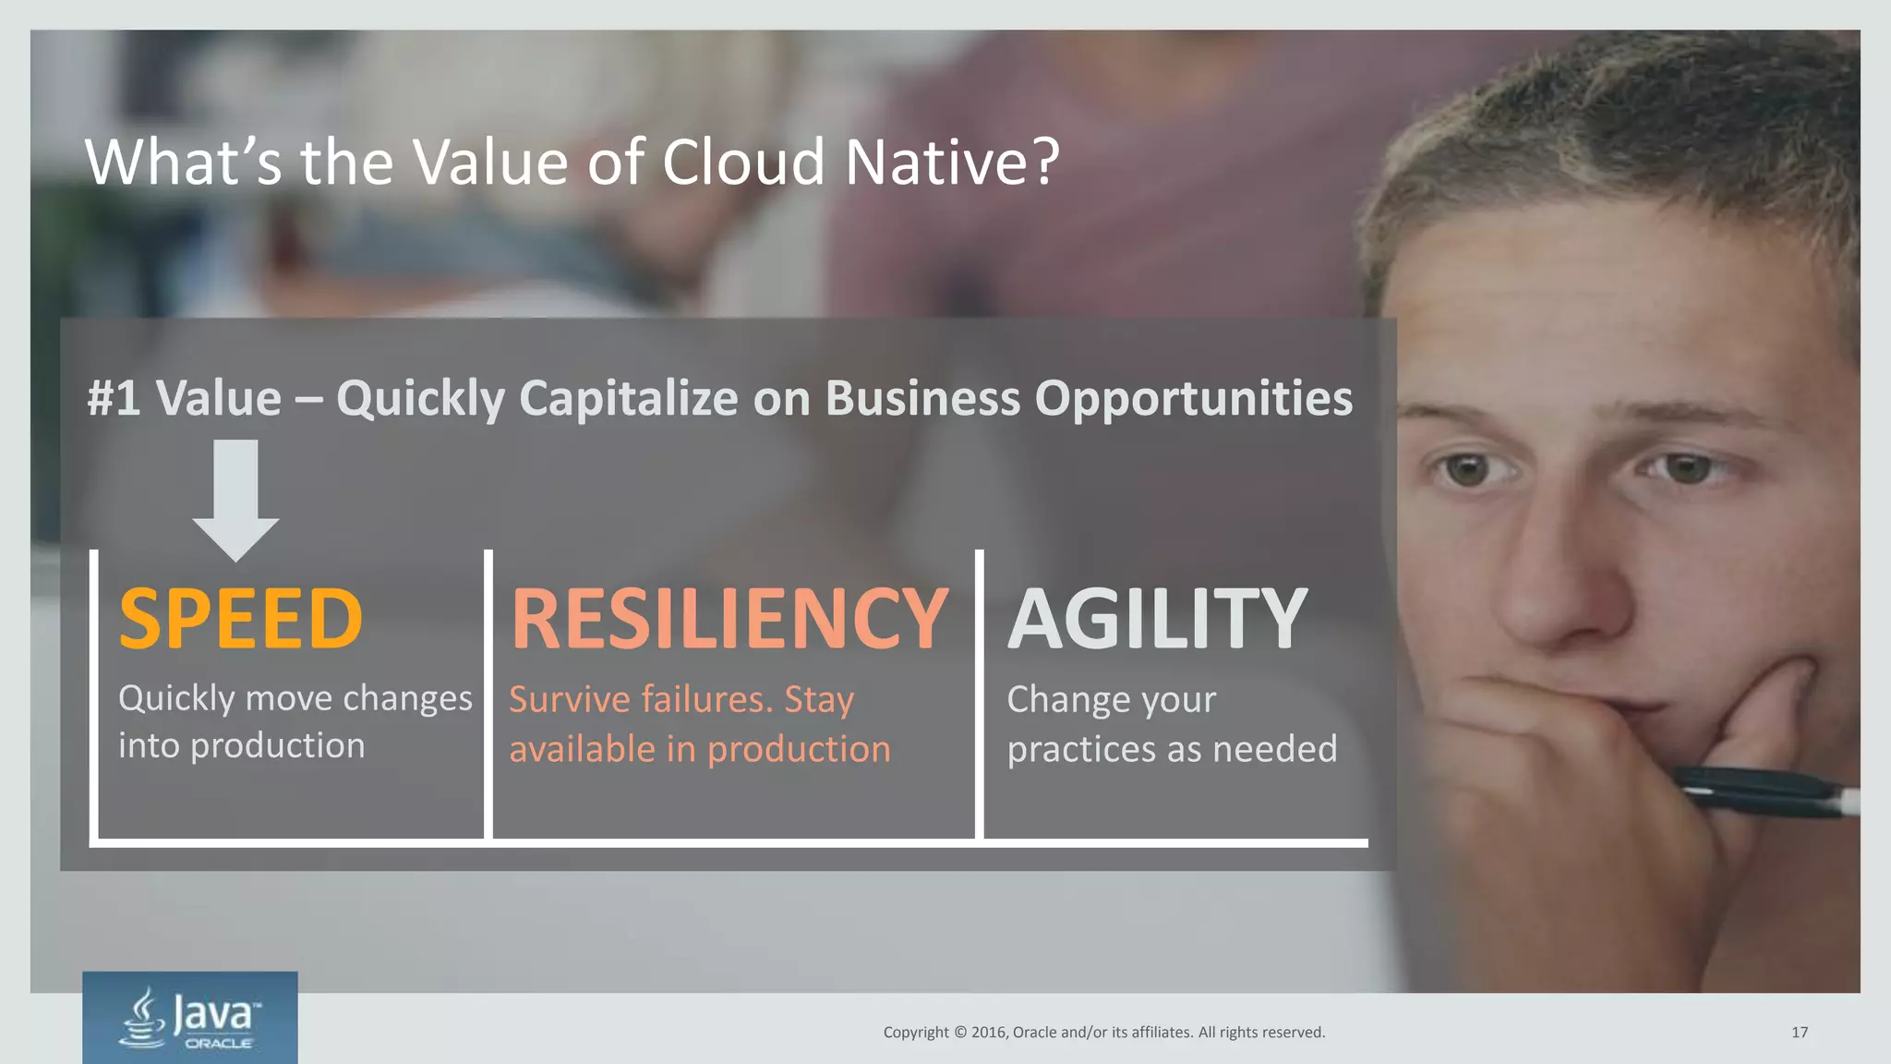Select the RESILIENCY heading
pos(729,619)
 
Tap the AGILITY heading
pos(1157,619)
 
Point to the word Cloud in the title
pos(742,163)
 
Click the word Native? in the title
pos(953,163)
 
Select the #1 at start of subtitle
pos(114,399)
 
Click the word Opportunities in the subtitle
pos(1193,399)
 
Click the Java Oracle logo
pos(190,1017)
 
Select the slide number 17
pos(1799,1033)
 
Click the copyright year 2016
pos(988,1033)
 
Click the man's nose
pos(1560,591)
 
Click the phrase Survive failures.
pos(641,700)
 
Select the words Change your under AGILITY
pos(1111,700)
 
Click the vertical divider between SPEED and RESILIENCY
pos(488,693)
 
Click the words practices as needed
pos(1171,749)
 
